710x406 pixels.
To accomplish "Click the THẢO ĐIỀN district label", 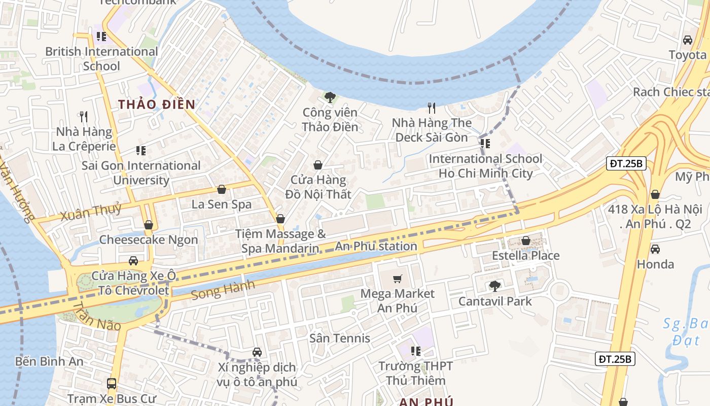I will coord(157,105).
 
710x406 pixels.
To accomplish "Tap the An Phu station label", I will coord(376,247).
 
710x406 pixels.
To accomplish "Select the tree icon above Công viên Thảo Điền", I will coord(330,97).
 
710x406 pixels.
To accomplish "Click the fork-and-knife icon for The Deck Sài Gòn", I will coord(432,108).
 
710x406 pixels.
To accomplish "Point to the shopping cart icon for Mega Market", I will coord(398,279).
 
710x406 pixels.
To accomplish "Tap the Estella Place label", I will coord(526,255).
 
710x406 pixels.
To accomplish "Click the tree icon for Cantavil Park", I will coord(495,286).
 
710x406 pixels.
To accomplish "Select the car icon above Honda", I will coord(655,249).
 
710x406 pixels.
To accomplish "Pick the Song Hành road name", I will coord(223,290).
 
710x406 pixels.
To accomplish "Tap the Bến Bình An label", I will coord(49,361).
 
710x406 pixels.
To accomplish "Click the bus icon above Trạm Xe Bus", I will coord(112,384).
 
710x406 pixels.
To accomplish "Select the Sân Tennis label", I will coord(340,338).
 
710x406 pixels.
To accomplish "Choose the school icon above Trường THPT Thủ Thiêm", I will coord(416,351).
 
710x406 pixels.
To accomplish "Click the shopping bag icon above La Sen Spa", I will coord(222,190).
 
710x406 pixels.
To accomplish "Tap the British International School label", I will coord(101,59).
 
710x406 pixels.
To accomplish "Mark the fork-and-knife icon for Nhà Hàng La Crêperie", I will coord(84,117).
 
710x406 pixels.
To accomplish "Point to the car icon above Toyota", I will coord(688,40).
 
